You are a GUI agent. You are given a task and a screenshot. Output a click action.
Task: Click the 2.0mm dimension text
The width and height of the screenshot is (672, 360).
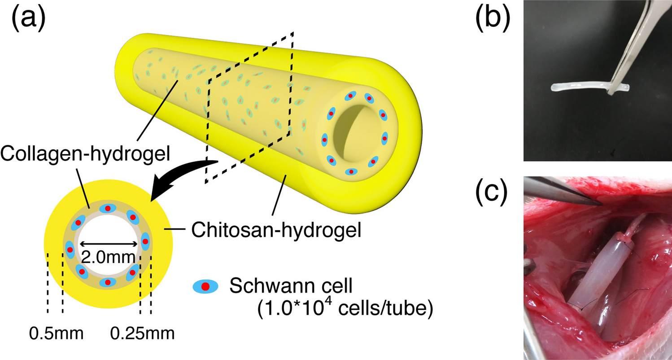point(108,257)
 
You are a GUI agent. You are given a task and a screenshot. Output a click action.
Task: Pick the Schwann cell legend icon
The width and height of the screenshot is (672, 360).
point(205,286)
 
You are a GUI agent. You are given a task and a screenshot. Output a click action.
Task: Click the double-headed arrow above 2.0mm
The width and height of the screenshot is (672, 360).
point(108,244)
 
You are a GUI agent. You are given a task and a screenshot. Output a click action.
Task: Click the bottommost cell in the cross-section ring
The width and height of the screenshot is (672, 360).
point(108,282)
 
